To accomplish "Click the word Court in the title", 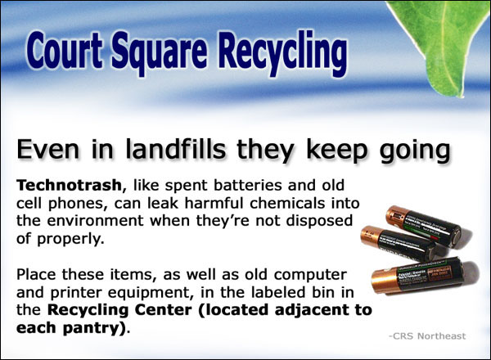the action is pyautogui.click(x=65, y=50).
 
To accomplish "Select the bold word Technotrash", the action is pyautogui.click(x=69, y=185).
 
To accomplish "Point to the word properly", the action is pyautogui.click(x=70, y=240).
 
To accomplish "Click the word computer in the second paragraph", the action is pyautogui.click(x=310, y=276).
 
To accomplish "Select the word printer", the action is pyautogui.click(x=77, y=294).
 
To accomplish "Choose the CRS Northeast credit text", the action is pyautogui.click(x=427, y=336).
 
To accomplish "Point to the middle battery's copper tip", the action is pyautogui.click(x=370, y=236).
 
